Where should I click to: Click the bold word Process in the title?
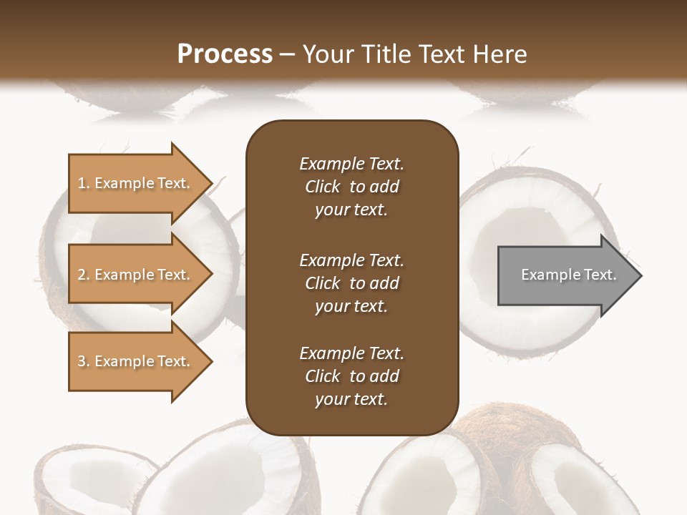[225, 54]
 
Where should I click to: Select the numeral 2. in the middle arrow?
[84, 275]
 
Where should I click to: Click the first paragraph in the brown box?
[351, 187]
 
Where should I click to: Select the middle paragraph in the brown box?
[351, 283]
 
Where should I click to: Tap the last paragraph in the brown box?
[351, 376]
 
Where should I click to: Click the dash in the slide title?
[288, 54]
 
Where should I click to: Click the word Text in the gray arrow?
[600, 275]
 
